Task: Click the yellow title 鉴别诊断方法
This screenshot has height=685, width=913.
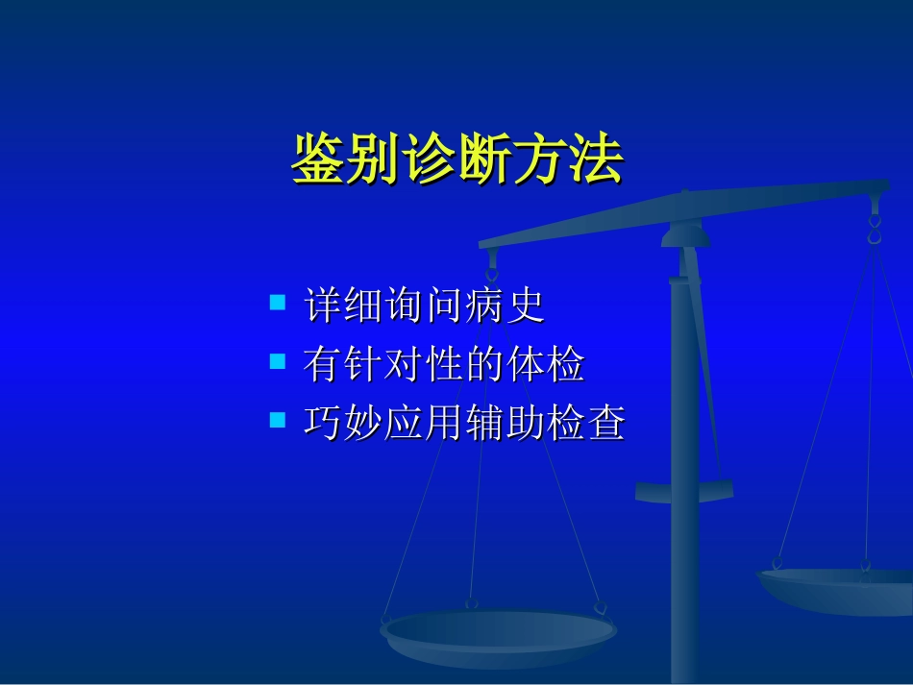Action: point(457,159)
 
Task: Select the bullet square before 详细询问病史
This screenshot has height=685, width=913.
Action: point(279,304)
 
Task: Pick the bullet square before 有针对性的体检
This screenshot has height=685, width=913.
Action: point(279,362)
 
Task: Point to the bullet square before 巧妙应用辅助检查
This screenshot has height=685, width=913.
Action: point(279,420)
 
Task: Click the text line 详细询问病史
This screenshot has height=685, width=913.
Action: point(424,306)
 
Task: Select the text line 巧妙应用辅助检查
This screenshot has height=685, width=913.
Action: point(464,423)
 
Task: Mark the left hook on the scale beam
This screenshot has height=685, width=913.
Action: point(492,264)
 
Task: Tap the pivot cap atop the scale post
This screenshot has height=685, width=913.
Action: point(684,233)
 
